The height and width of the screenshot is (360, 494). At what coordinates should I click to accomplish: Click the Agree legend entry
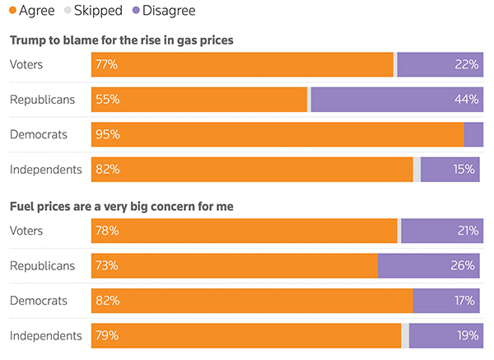click(31, 11)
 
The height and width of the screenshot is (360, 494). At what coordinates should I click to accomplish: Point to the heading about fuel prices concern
click(121, 206)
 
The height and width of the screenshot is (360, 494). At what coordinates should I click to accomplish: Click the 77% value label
click(107, 64)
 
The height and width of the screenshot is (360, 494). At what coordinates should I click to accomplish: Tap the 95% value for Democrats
click(107, 134)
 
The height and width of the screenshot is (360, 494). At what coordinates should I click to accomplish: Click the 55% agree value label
click(107, 100)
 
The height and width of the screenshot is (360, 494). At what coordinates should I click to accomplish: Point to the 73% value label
click(107, 265)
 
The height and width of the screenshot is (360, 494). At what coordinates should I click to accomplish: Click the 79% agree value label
click(107, 335)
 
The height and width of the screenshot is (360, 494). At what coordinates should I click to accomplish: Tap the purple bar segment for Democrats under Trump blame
click(473, 134)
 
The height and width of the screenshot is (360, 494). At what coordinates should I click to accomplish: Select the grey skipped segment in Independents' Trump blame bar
click(417, 170)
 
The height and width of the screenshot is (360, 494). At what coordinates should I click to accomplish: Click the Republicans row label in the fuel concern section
click(42, 265)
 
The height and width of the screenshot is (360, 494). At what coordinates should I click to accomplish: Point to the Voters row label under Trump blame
click(26, 64)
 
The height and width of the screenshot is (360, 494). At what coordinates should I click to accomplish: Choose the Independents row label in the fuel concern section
click(46, 335)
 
